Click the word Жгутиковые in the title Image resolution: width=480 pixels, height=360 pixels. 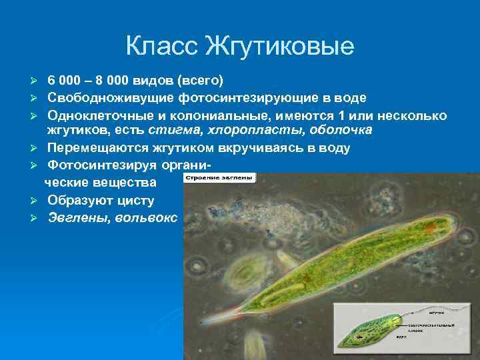(x=280, y=47)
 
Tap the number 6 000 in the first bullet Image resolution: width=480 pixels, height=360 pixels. (x=66, y=81)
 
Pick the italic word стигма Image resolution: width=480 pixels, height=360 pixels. (x=171, y=130)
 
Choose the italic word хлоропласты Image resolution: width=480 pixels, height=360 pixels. (x=246, y=130)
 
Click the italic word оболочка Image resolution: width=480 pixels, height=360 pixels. (x=338, y=130)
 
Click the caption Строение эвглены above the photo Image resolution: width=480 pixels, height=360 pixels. (x=218, y=178)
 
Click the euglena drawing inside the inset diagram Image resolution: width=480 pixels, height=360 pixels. (x=380, y=333)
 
